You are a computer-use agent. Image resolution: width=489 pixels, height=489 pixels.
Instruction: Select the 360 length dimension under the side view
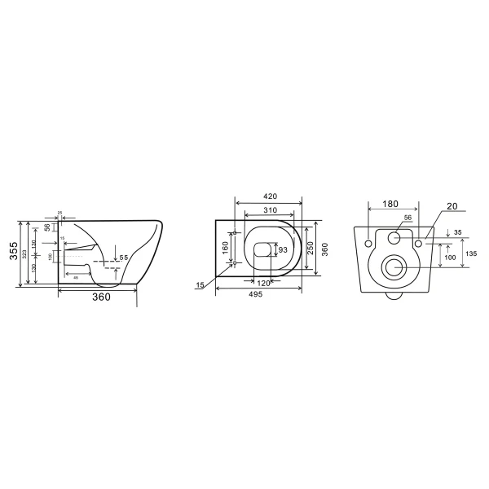tap(100, 297)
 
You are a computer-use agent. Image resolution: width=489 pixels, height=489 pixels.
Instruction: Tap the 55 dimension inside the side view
tap(124, 258)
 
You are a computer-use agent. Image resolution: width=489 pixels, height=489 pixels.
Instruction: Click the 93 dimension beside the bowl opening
tap(283, 251)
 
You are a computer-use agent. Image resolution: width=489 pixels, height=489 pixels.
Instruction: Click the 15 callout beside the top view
tap(200, 284)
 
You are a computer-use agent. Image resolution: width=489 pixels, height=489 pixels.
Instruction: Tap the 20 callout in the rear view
tap(453, 207)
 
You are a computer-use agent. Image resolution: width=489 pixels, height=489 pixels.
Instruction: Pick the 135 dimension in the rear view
tap(471, 253)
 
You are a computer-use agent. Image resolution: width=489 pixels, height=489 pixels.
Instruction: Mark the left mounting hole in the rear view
tap(369, 244)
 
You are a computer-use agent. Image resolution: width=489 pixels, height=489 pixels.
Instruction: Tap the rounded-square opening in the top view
tap(262, 250)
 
